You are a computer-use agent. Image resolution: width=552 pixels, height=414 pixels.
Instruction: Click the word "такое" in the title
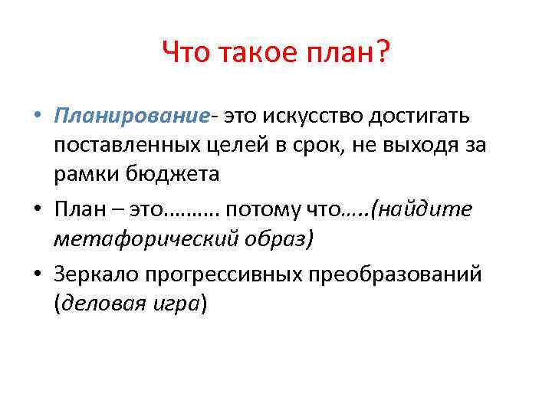click(x=258, y=54)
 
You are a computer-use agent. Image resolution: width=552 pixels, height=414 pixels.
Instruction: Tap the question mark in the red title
click(x=380, y=54)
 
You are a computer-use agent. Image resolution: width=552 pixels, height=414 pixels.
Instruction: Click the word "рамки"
click(x=80, y=174)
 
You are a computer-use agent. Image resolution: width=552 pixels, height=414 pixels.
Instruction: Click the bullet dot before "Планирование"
click(x=37, y=117)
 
